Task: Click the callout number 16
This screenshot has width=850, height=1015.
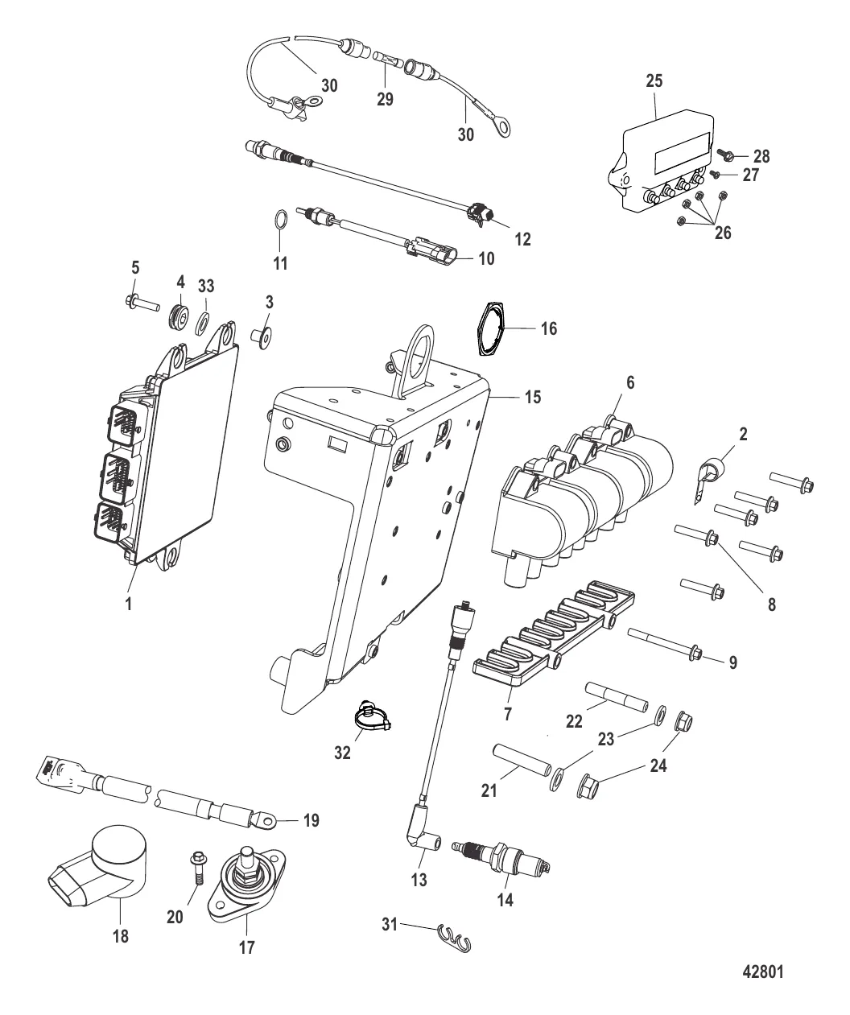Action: (548, 328)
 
